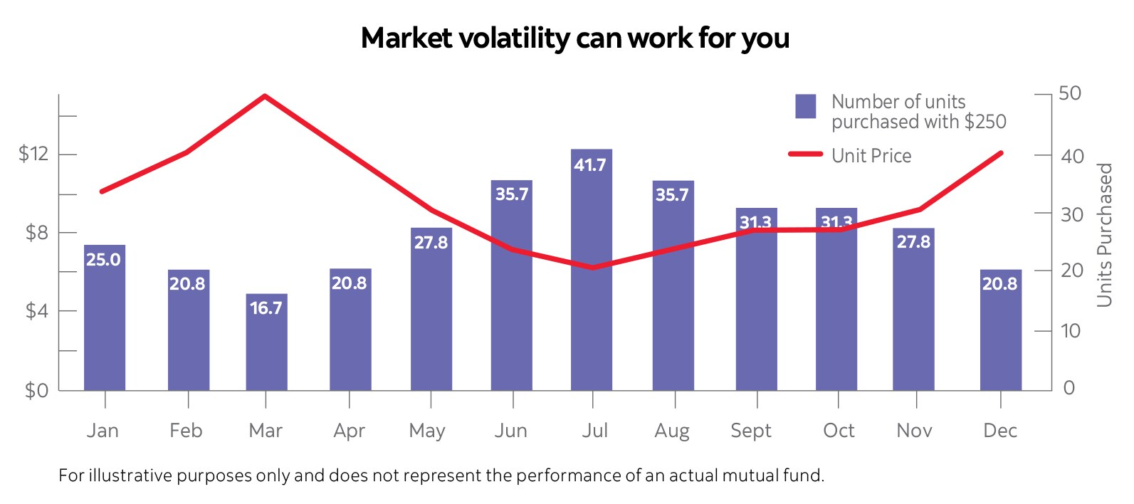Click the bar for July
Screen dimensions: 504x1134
(x=591, y=285)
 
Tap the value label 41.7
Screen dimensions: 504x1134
(x=590, y=165)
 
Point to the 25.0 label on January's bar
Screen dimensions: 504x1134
(x=104, y=260)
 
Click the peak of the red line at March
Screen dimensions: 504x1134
(x=265, y=95)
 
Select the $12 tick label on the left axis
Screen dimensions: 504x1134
(x=33, y=154)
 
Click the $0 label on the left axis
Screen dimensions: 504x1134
(x=36, y=390)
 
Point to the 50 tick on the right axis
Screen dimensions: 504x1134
(x=1069, y=93)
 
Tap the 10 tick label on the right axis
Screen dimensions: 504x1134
(x=1069, y=331)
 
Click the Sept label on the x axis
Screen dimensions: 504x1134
(x=751, y=431)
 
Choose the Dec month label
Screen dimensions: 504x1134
(x=999, y=431)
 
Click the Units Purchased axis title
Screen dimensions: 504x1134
(x=1104, y=235)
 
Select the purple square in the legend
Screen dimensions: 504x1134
(x=805, y=106)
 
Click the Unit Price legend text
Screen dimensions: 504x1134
(x=871, y=156)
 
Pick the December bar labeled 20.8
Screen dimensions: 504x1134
(x=1000, y=335)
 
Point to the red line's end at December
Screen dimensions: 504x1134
(x=1001, y=153)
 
